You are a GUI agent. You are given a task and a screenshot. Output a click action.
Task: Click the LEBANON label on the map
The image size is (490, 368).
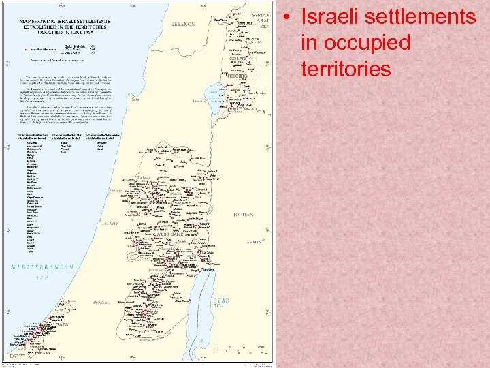click(183, 24)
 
